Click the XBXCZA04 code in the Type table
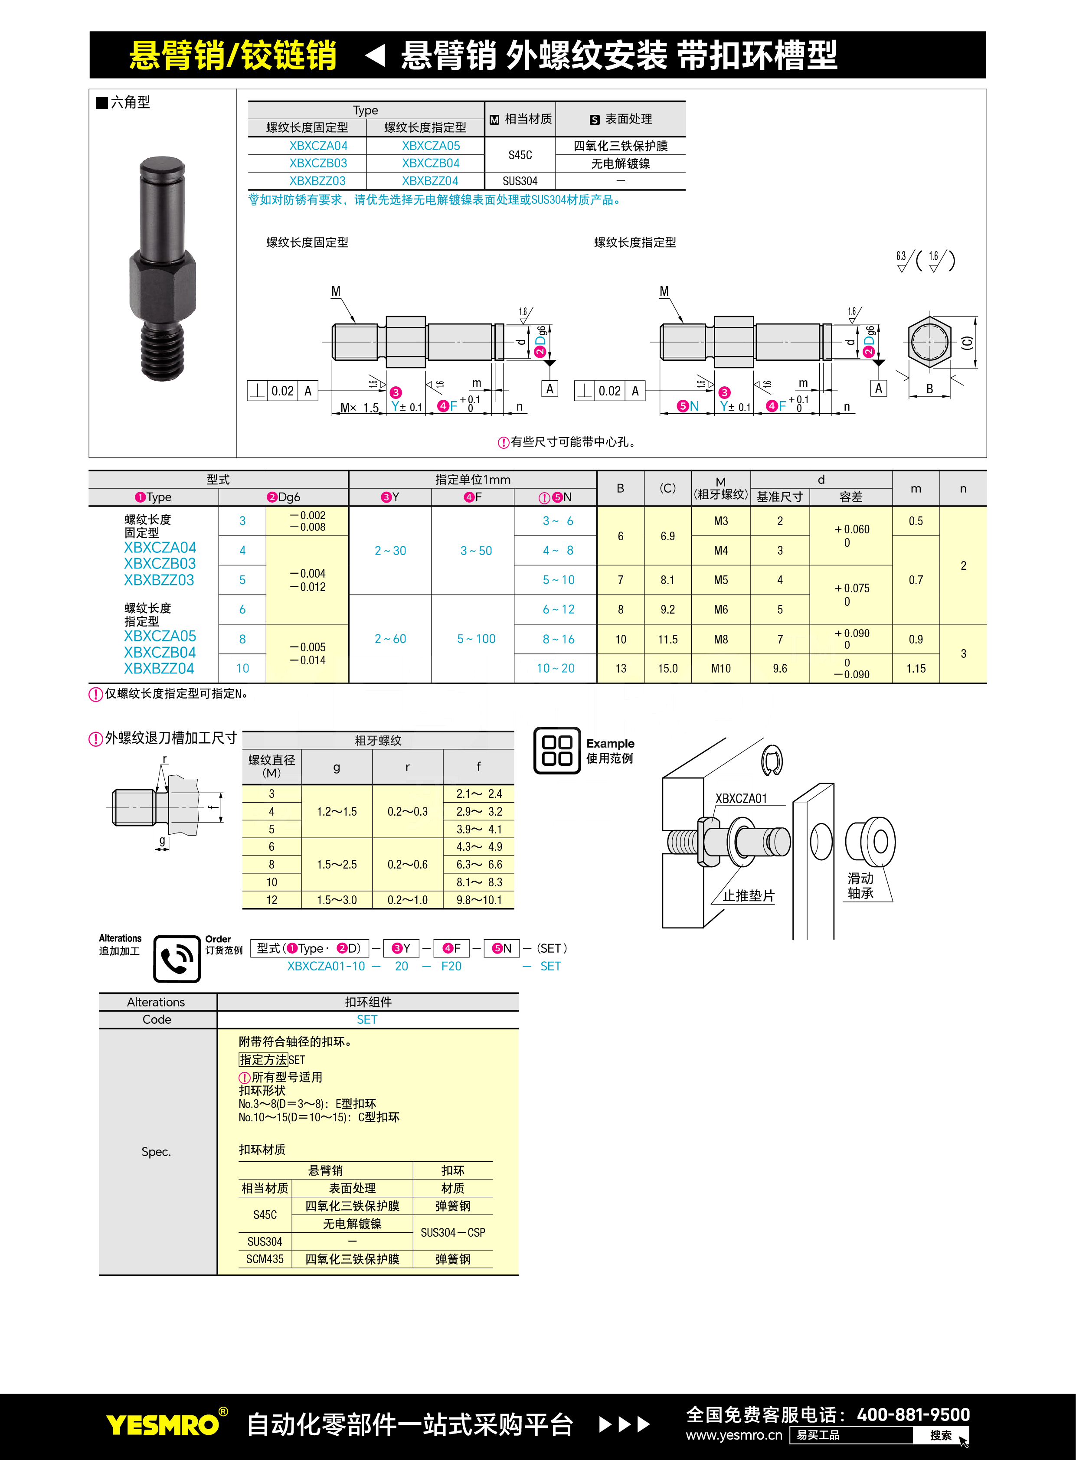point(318,146)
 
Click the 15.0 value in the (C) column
point(667,668)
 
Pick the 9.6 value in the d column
point(780,668)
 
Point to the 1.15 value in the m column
point(916,668)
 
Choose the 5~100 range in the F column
point(476,639)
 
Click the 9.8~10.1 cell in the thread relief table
point(479,900)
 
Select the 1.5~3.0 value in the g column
point(337,900)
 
